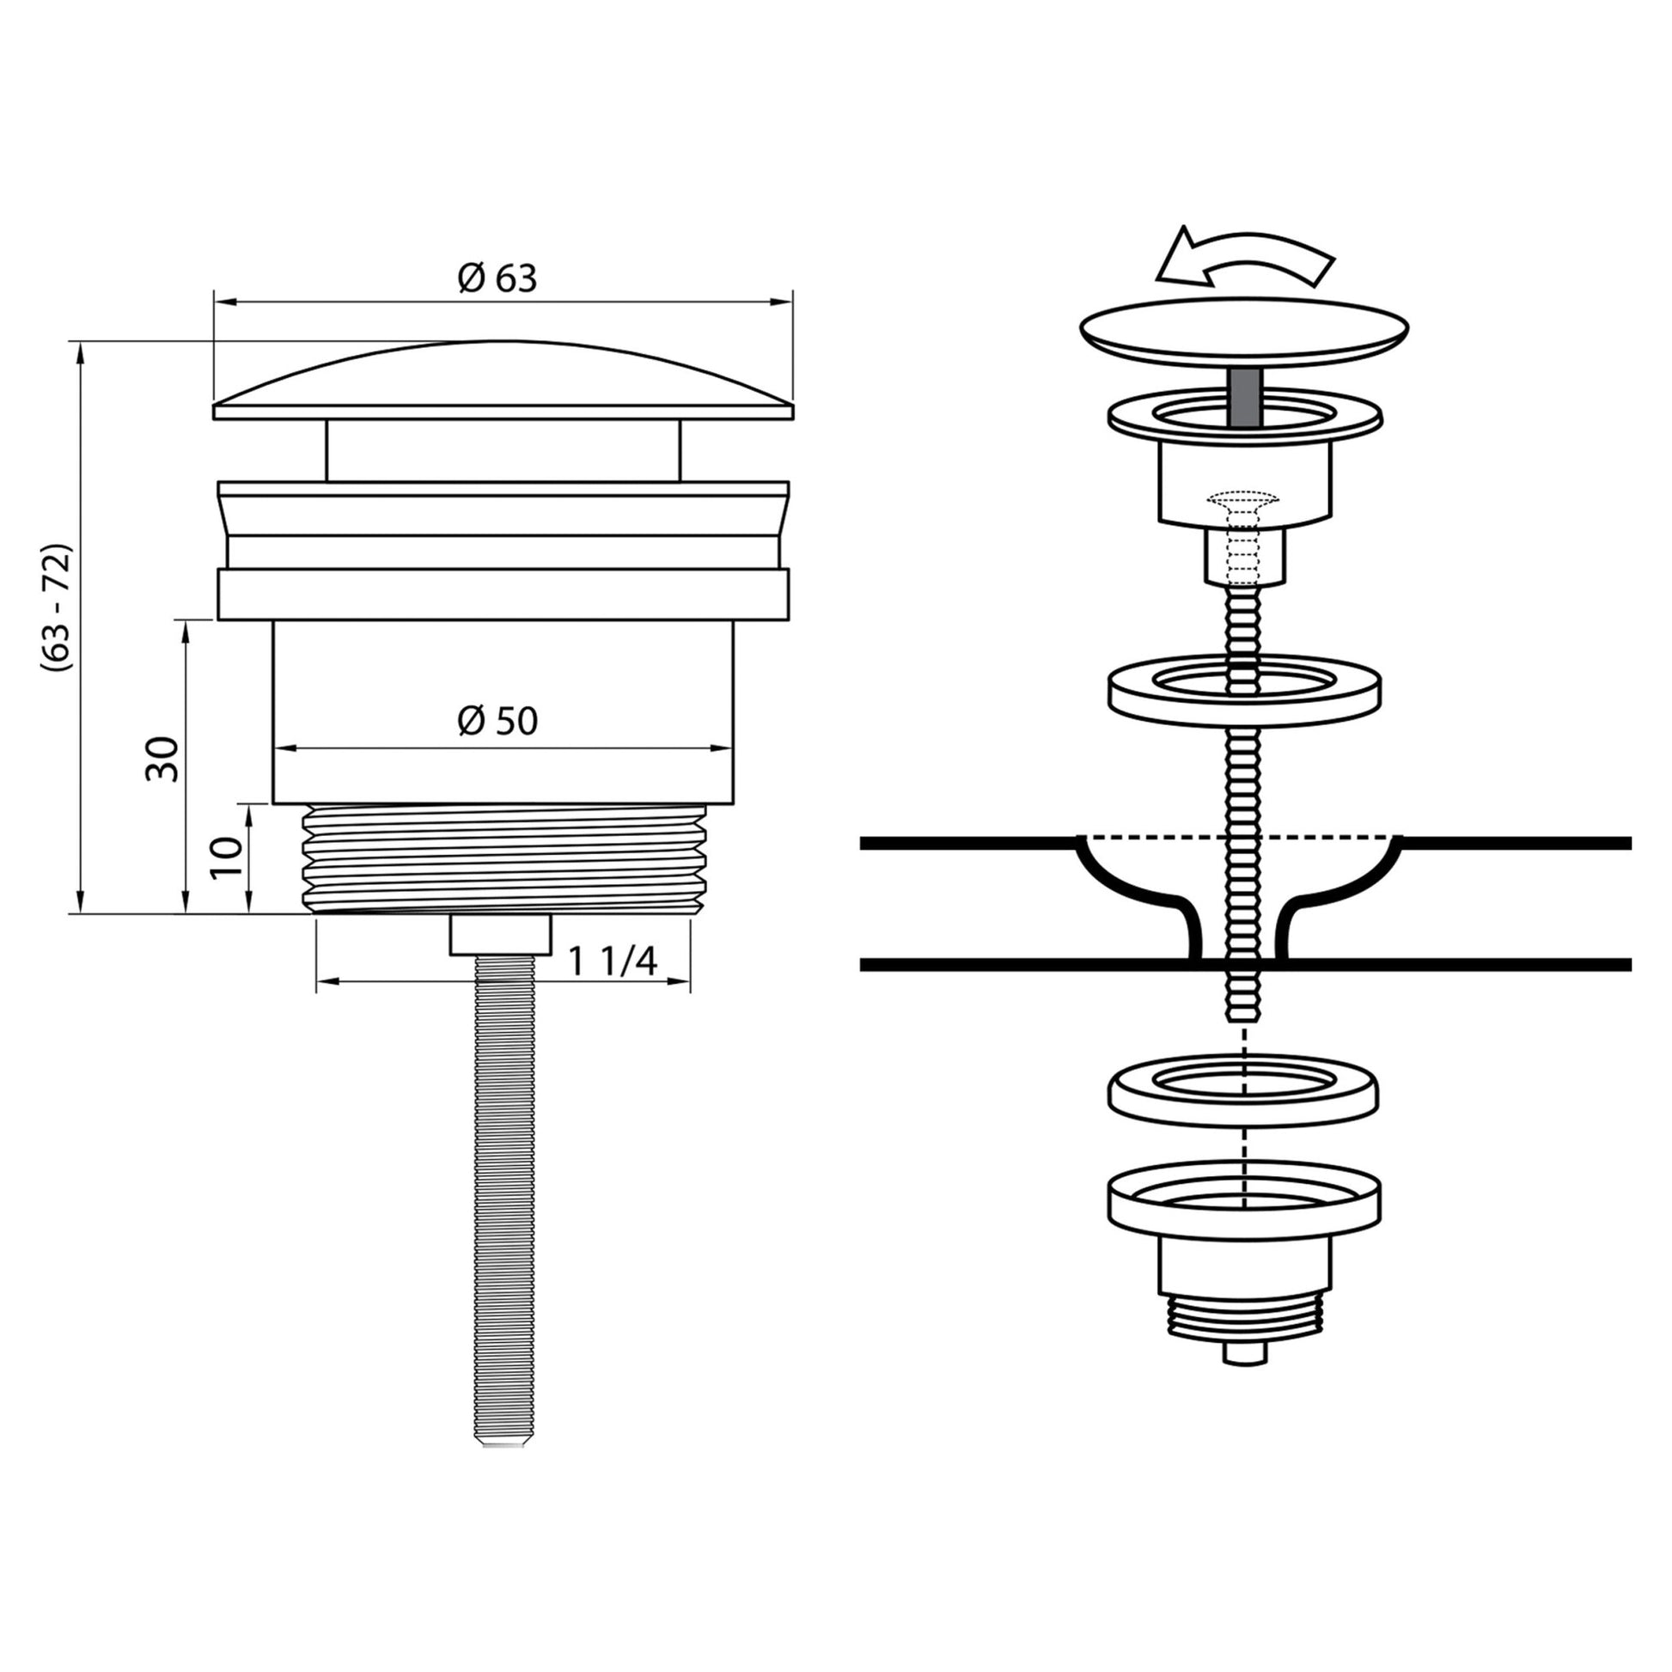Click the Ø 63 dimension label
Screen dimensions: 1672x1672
coord(497,278)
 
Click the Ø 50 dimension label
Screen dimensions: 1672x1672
coord(497,721)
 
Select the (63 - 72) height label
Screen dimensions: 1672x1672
coord(57,607)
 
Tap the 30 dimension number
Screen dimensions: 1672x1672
coord(162,759)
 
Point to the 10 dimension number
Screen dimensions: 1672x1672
coord(227,857)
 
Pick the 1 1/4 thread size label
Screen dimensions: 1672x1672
coord(613,961)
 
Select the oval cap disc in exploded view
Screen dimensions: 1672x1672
coord(1244,330)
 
